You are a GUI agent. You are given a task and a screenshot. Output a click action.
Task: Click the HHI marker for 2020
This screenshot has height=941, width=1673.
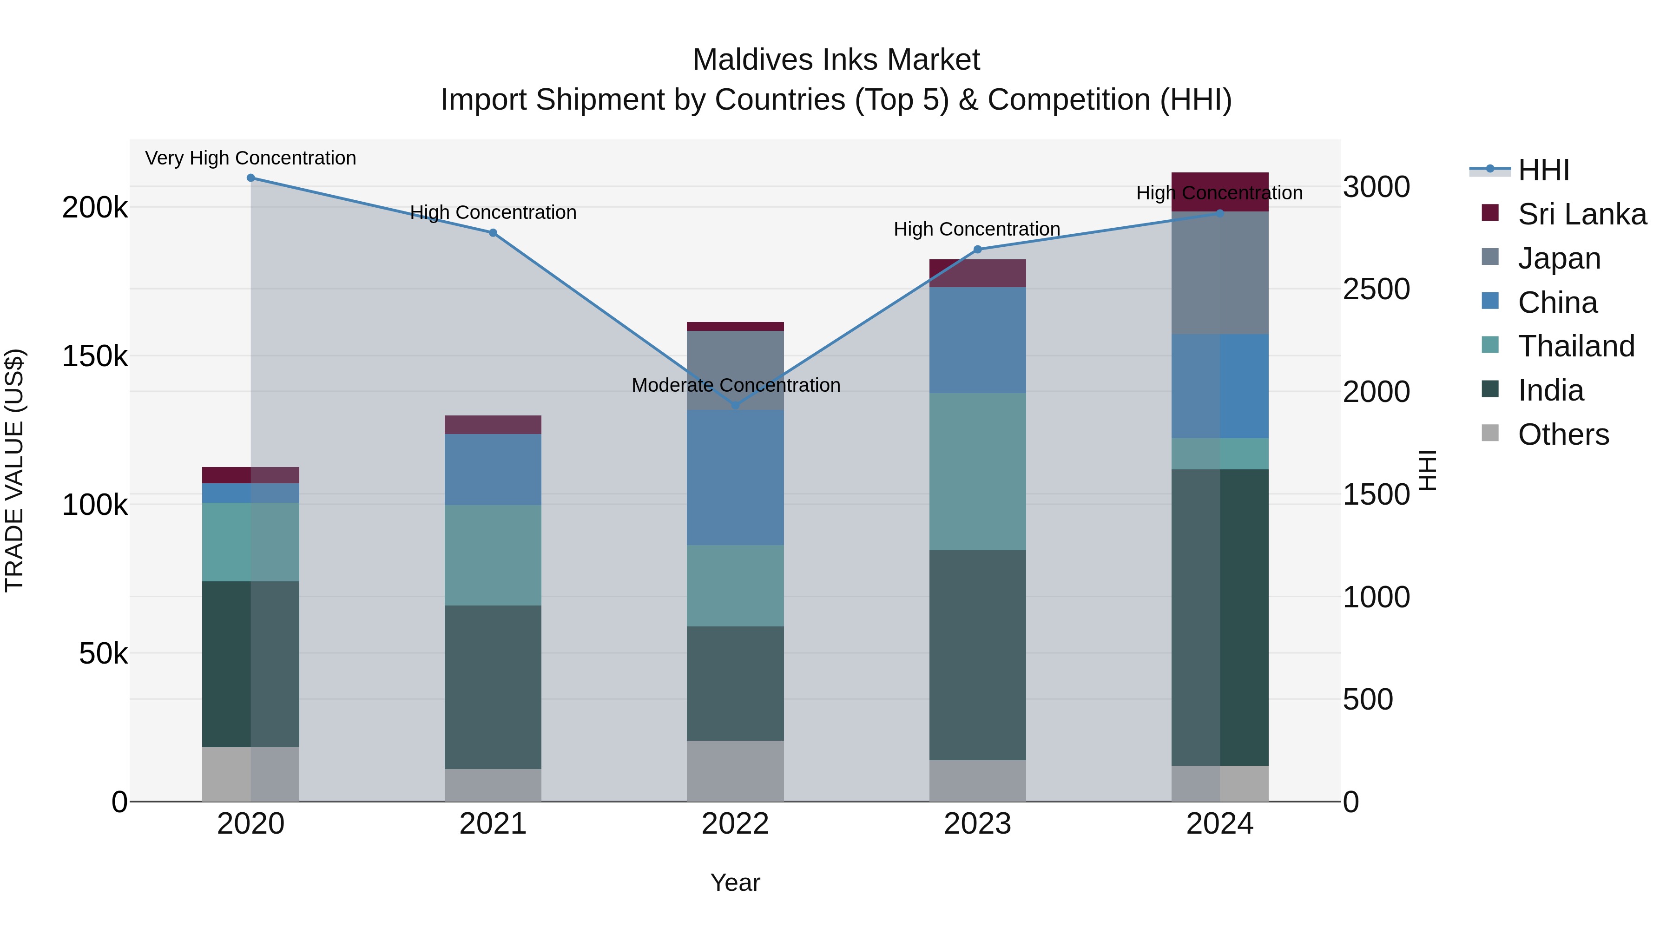pos(250,178)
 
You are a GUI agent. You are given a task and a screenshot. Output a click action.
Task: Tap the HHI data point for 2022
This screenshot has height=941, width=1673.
pos(735,405)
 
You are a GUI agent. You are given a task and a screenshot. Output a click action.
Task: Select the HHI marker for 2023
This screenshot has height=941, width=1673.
pos(977,250)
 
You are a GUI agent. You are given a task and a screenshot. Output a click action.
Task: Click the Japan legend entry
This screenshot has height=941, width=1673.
pos(1559,258)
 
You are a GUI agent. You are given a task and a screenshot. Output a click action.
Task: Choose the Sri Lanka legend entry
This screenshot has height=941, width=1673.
pos(1581,214)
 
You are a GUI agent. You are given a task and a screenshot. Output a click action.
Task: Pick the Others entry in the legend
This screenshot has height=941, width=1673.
pos(1562,434)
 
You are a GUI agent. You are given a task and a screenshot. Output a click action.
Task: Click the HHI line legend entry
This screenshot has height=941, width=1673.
pos(1543,170)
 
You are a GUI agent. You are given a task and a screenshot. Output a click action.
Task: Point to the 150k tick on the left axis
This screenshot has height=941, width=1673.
pos(95,356)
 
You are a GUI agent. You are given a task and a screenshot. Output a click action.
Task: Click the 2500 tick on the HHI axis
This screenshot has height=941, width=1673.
pos(1376,289)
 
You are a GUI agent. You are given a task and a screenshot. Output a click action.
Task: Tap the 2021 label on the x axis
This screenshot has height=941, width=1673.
pos(493,824)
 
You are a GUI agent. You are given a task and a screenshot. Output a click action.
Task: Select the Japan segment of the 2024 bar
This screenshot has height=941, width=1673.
pos(1220,273)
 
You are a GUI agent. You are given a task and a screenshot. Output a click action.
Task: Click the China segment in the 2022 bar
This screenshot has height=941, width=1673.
pos(735,477)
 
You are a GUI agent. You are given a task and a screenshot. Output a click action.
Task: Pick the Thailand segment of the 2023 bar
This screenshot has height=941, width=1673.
pos(977,472)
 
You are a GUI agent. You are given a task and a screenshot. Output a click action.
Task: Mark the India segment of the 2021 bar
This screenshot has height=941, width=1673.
pos(493,687)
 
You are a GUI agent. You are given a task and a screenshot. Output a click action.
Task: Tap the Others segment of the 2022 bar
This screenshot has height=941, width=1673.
pos(735,771)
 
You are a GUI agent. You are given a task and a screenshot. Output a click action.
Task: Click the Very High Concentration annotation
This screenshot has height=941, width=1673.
pos(250,158)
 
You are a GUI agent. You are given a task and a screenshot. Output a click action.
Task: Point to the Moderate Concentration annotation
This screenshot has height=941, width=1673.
pos(736,385)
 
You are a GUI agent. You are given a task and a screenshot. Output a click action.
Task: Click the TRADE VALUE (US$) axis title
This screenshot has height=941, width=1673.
pos(14,470)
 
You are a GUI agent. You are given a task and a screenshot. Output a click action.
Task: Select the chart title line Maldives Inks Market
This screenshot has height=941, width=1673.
pos(836,60)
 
